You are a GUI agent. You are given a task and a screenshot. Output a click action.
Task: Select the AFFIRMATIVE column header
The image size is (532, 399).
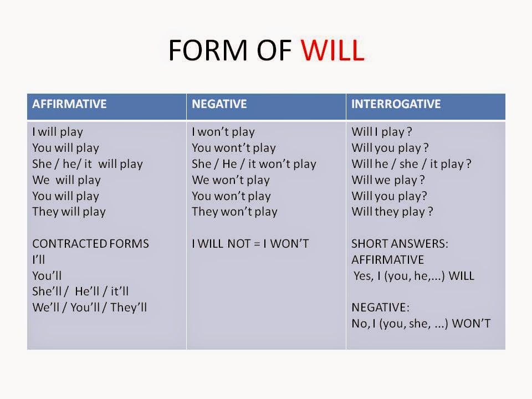tap(69, 104)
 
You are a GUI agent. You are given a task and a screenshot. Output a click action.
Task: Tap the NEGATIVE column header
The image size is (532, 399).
tap(219, 104)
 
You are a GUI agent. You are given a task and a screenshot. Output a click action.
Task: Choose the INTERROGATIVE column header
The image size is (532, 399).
tap(396, 104)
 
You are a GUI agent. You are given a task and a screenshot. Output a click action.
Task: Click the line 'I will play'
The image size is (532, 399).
tap(58, 132)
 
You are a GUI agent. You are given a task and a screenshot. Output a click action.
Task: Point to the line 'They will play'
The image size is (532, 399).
tap(69, 212)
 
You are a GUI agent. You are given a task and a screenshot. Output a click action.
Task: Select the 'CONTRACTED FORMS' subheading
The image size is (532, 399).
tap(90, 244)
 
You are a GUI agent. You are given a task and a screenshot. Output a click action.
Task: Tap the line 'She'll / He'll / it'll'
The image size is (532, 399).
tap(80, 291)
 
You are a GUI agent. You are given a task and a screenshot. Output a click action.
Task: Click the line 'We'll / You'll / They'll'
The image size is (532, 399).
tap(89, 308)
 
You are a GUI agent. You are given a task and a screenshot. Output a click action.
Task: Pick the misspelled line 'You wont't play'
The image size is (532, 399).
tap(233, 148)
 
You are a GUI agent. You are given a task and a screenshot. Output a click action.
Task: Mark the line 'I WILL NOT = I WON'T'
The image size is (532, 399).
tap(250, 244)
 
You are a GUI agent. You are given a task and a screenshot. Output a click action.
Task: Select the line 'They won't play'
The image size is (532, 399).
tap(234, 212)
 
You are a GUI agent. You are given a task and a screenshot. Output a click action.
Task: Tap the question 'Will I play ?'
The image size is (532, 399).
tap(382, 132)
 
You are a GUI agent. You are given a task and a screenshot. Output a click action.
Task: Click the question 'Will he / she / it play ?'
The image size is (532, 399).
tap(411, 164)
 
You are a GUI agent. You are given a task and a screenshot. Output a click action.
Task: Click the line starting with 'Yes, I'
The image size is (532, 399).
tap(414, 276)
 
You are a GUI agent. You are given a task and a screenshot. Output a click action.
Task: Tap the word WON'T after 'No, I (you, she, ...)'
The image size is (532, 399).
tap(471, 324)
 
